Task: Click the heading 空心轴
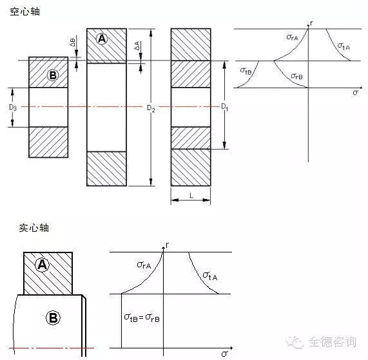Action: coord(25,12)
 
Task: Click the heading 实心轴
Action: coord(34,228)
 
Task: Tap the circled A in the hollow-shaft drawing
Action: coord(102,38)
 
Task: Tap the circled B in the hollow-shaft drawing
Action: coord(53,75)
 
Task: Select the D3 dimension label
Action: coord(13,108)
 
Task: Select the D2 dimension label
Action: coord(151,108)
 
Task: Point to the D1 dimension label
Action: coord(224,107)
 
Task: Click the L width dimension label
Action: coord(191,196)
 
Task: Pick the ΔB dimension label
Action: coord(73,43)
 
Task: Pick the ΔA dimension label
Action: coord(137,46)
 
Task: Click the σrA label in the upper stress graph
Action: coord(292,37)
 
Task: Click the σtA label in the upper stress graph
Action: coord(344,46)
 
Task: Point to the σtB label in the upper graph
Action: coord(246,71)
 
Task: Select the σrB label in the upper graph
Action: coord(296,76)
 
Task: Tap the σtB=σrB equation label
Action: coord(142,317)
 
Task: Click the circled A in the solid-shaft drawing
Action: coord(42,265)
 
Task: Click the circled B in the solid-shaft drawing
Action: coord(53,317)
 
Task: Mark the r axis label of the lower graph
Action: coord(167,245)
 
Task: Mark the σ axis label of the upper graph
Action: coord(355,92)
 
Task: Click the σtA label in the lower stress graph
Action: coord(210,276)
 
